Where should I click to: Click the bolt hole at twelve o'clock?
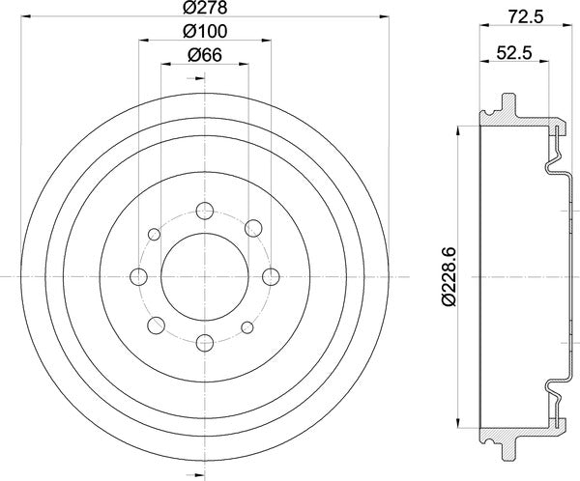[x=204, y=210]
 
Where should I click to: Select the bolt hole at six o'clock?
[x=204, y=341]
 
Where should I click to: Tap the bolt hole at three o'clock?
[x=271, y=275]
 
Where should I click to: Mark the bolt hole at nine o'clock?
[x=138, y=275]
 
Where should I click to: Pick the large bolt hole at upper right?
[x=253, y=228]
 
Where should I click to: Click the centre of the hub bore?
[x=204, y=275]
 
